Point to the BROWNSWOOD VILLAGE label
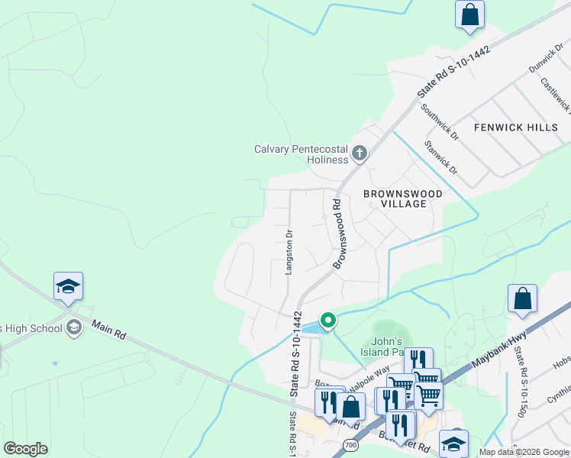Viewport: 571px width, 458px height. coord(402,199)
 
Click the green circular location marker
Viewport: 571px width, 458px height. coord(327,320)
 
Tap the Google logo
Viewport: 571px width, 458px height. coord(25,449)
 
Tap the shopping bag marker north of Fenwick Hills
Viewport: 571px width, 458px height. coord(469,14)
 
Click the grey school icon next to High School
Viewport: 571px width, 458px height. coord(73,328)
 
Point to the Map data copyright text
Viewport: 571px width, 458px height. coord(524,452)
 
